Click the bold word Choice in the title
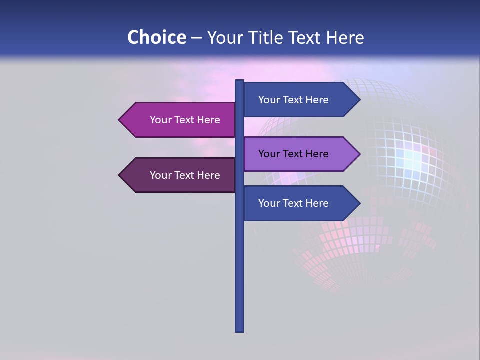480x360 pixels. pos(156,37)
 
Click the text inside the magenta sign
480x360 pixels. pos(185,120)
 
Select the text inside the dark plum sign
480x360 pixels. pos(185,175)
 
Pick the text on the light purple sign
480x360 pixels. pos(293,154)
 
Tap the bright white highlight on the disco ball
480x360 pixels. pos(413,159)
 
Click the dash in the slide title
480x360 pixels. pos(196,38)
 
